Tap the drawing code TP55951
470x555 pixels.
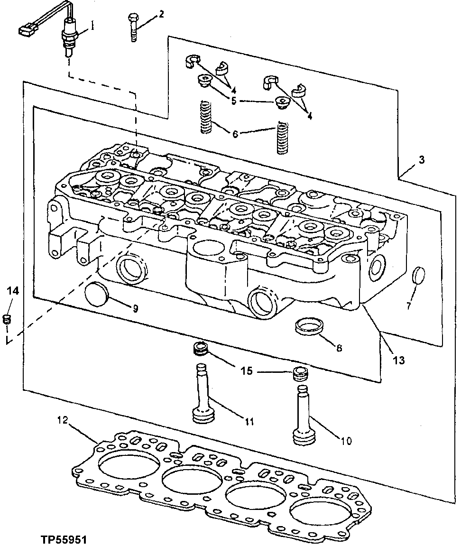point(64,540)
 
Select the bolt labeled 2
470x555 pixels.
point(132,28)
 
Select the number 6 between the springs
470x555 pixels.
point(235,134)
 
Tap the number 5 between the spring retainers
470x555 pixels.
point(233,101)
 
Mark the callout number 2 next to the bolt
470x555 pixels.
point(162,14)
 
